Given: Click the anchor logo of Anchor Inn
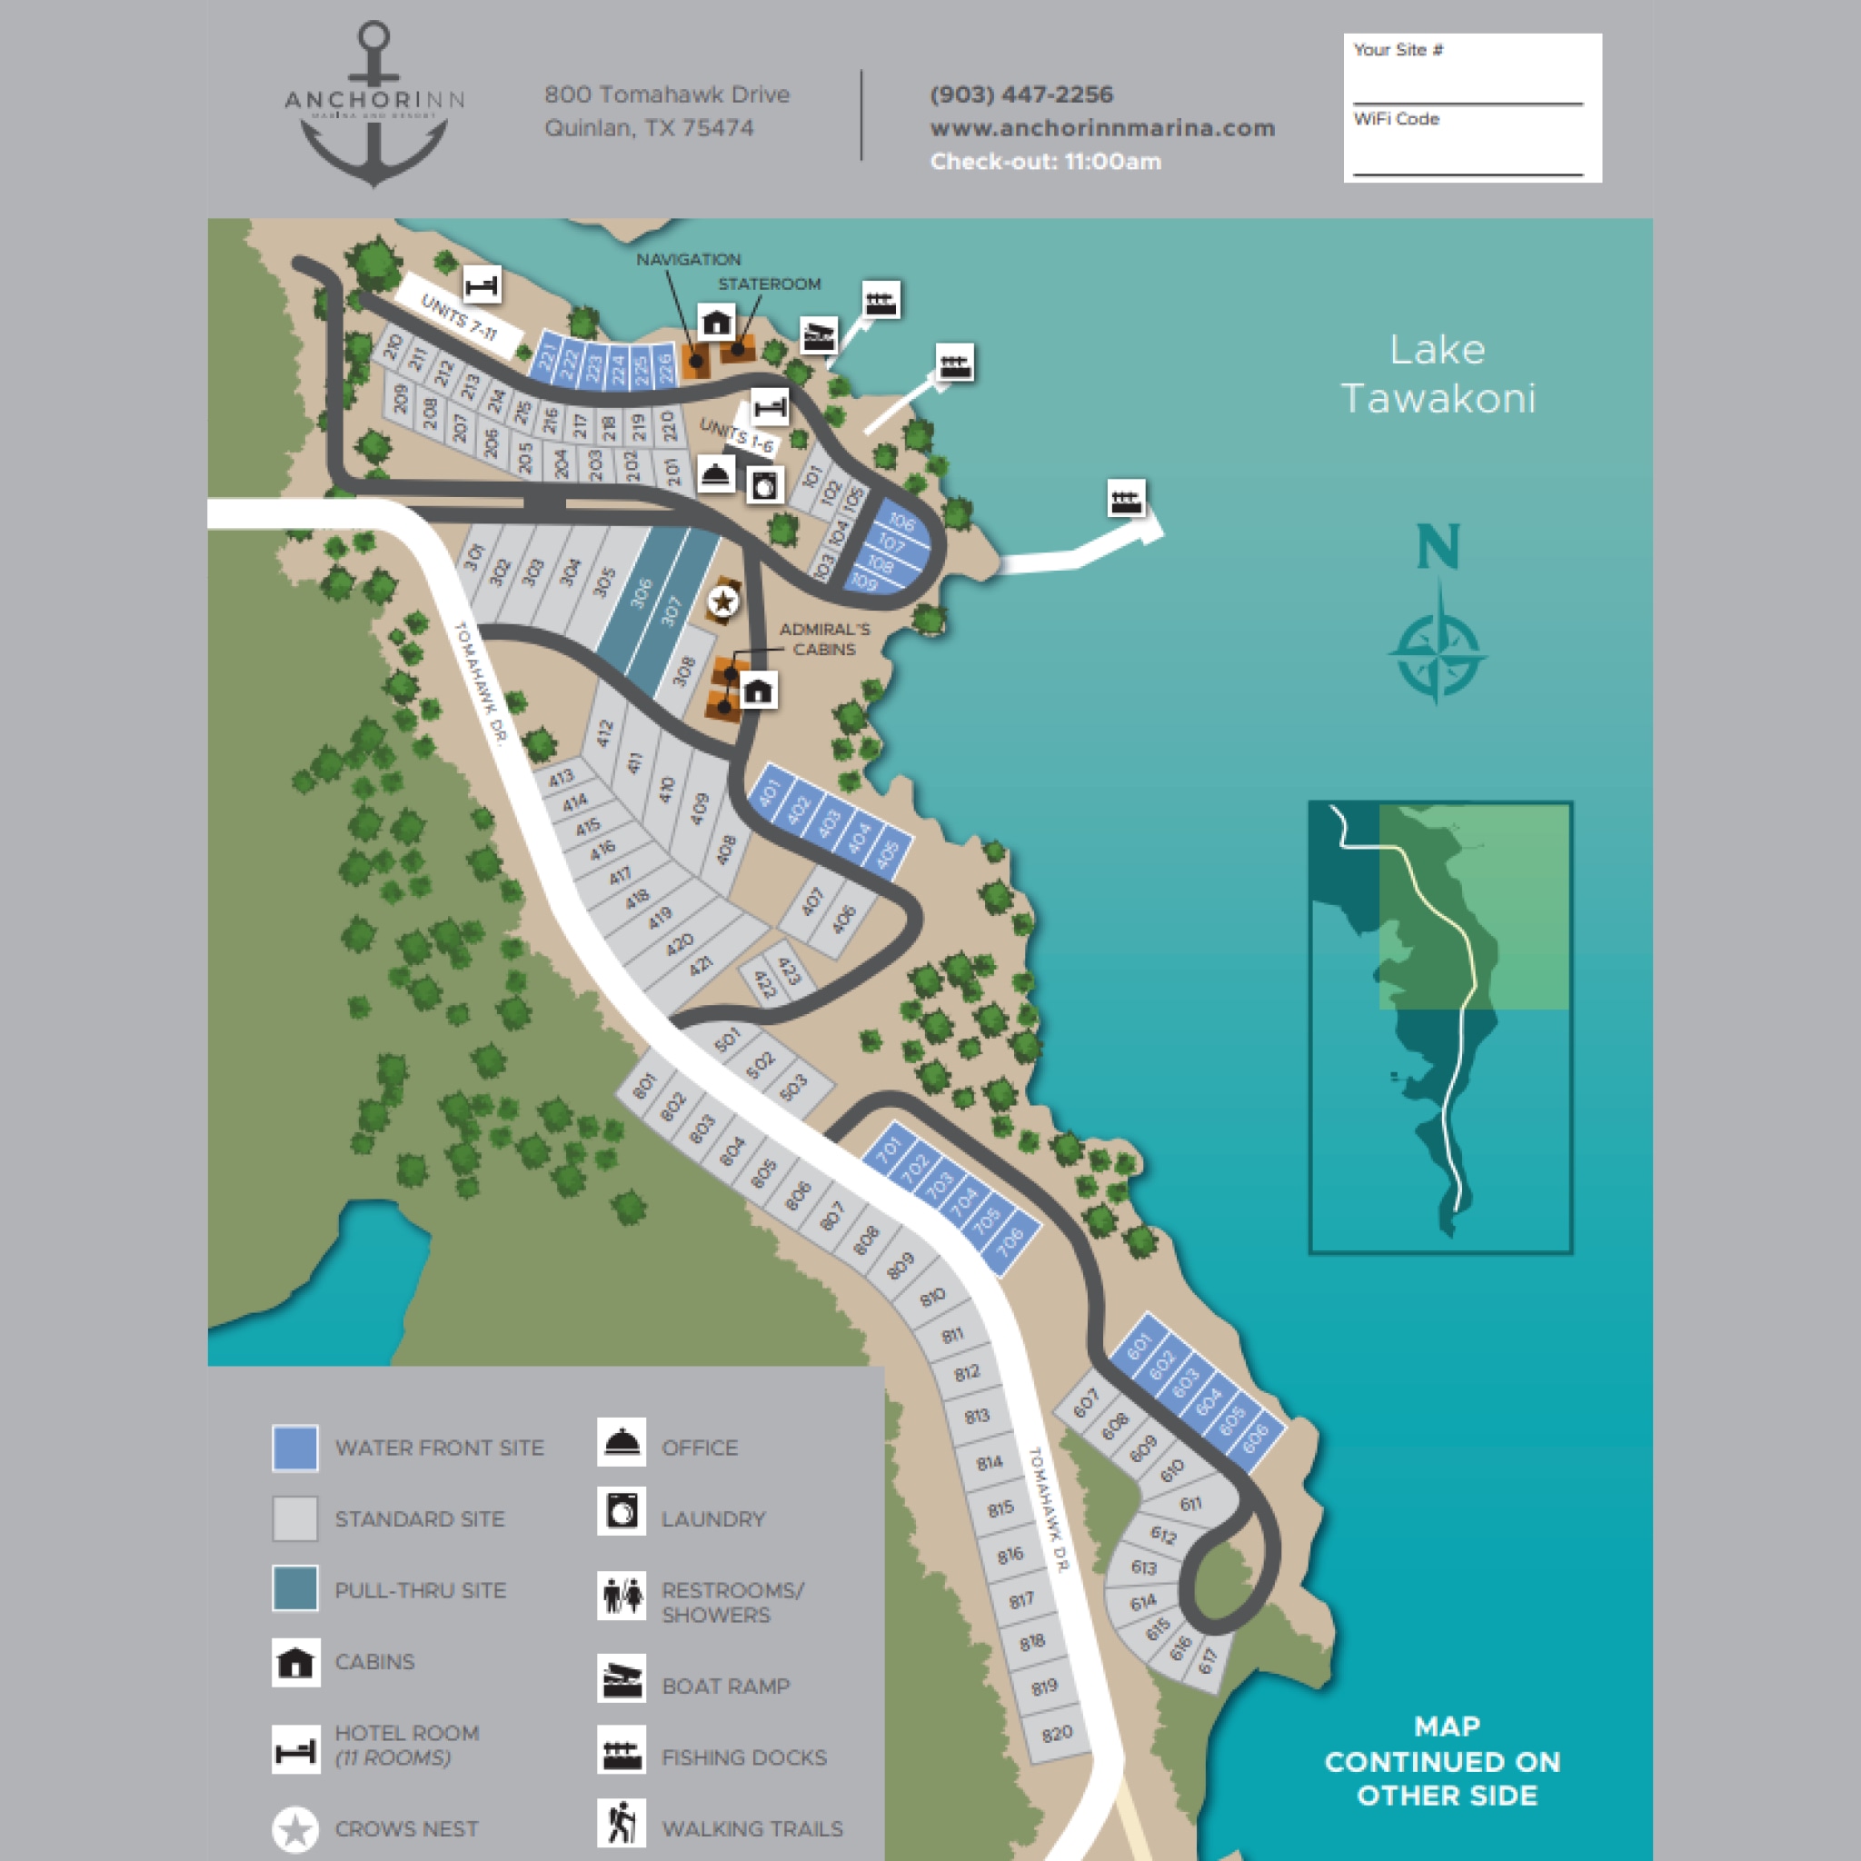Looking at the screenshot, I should click(x=373, y=106).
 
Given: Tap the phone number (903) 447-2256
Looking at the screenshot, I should click(x=1021, y=95).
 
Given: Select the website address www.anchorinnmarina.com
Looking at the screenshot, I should click(x=1102, y=128).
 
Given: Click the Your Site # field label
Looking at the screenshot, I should click(x=1398, y=50).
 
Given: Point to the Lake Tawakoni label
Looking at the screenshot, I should click(x=1438, y=373).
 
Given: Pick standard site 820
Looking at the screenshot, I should click(x=1057, y=1734).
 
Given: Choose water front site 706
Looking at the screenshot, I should click(x=1010, y=1245).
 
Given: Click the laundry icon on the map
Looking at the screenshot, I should click(x=765, y=483).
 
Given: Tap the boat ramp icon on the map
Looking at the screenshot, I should click(x=819, y=336).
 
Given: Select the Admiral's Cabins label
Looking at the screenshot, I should click(x=824, y=639).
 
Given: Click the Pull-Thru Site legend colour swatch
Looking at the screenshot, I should click(x=294, y=1588).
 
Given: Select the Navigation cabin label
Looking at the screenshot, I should click(x=688, y=260).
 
